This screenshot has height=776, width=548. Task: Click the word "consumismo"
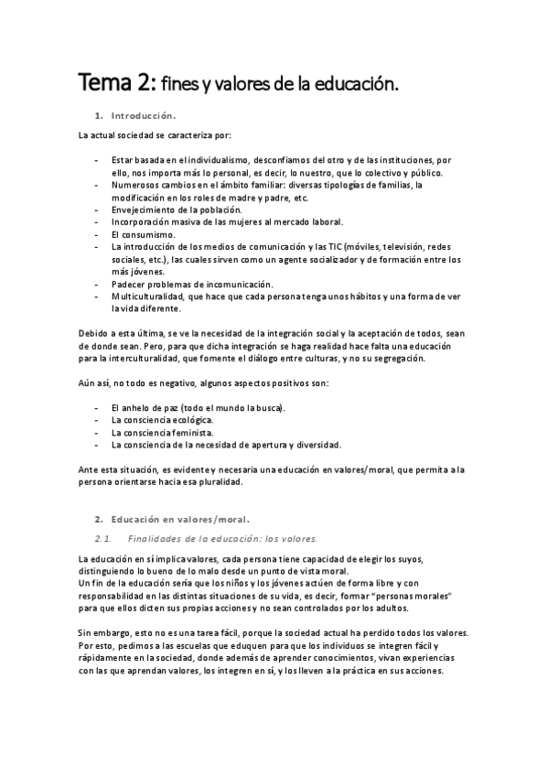[x=150, y=234]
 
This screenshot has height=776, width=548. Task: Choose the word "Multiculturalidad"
[x=152, y=297]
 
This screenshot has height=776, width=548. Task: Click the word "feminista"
[x=192, y=432]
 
